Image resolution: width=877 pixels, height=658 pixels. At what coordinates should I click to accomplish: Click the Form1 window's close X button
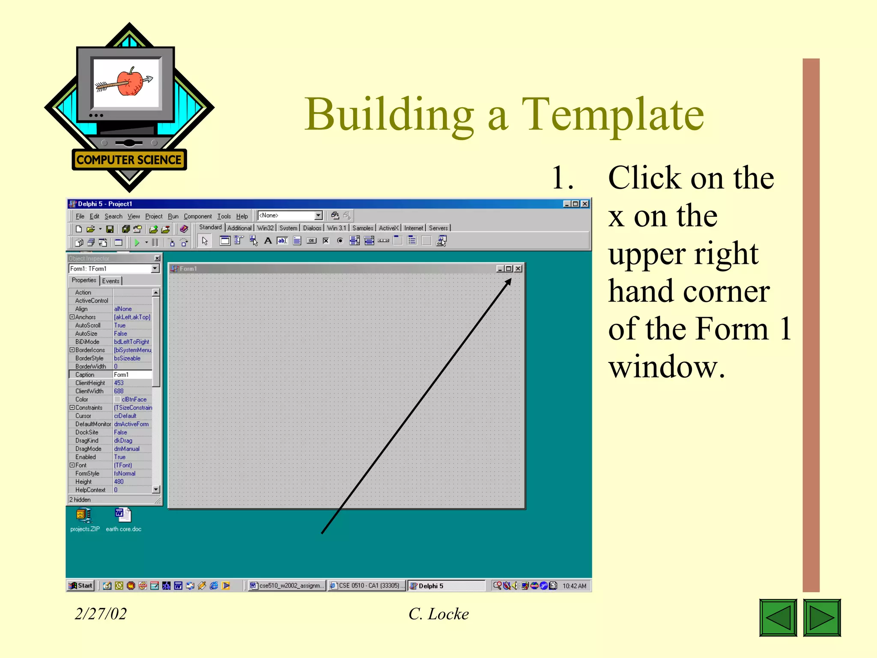tap(518, 269)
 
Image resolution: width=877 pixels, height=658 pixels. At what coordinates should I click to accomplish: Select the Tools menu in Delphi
tap(224, 216)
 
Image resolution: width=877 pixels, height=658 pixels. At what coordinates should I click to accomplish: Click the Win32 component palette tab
tap(265, 228)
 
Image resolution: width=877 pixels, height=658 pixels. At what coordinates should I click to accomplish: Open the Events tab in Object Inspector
tap(110, 281)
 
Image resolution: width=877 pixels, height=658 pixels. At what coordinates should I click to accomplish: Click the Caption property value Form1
tap(132, 375)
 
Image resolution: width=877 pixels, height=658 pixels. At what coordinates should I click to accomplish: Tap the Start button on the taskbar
tap(81, 585)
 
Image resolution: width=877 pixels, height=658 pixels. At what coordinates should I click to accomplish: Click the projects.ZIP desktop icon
tap(84, 516)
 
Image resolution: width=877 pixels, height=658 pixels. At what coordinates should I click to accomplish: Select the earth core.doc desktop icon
tap(123, 516)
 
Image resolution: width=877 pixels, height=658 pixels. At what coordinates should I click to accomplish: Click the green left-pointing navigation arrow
tap(778, 617)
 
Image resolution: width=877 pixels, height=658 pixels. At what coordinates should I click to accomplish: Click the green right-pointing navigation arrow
tap(821, 617)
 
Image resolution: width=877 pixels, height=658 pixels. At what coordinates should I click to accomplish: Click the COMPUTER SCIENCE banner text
tap(129, 160)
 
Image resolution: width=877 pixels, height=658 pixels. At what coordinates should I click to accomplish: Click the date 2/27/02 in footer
tap(101, 613)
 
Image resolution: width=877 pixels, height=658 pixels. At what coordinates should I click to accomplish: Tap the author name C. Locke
tap(438, 613)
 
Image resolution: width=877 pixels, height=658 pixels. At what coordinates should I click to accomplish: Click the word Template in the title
tap(612, 114)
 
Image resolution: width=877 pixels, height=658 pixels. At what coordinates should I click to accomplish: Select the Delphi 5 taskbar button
tap(445, 586)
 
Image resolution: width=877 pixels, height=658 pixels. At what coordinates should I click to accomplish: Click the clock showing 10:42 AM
tap(574, 586)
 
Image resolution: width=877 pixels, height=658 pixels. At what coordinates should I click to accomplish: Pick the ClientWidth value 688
tap(119, 391)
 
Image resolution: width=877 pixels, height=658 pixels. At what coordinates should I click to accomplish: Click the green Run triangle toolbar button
tap(137, 242)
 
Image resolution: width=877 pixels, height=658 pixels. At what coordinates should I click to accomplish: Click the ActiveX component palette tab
tap(388, 228)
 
